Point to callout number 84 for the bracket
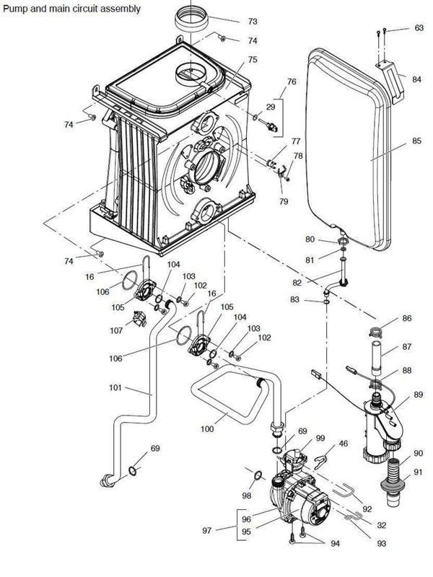pyautogui.click(x=417, y=79)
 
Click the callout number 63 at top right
pyautogui.click(x=419, y=28)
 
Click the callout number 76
pyautogui.click(x=292, y=82)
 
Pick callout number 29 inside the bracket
pyautogui.click(x=271, y=107)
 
